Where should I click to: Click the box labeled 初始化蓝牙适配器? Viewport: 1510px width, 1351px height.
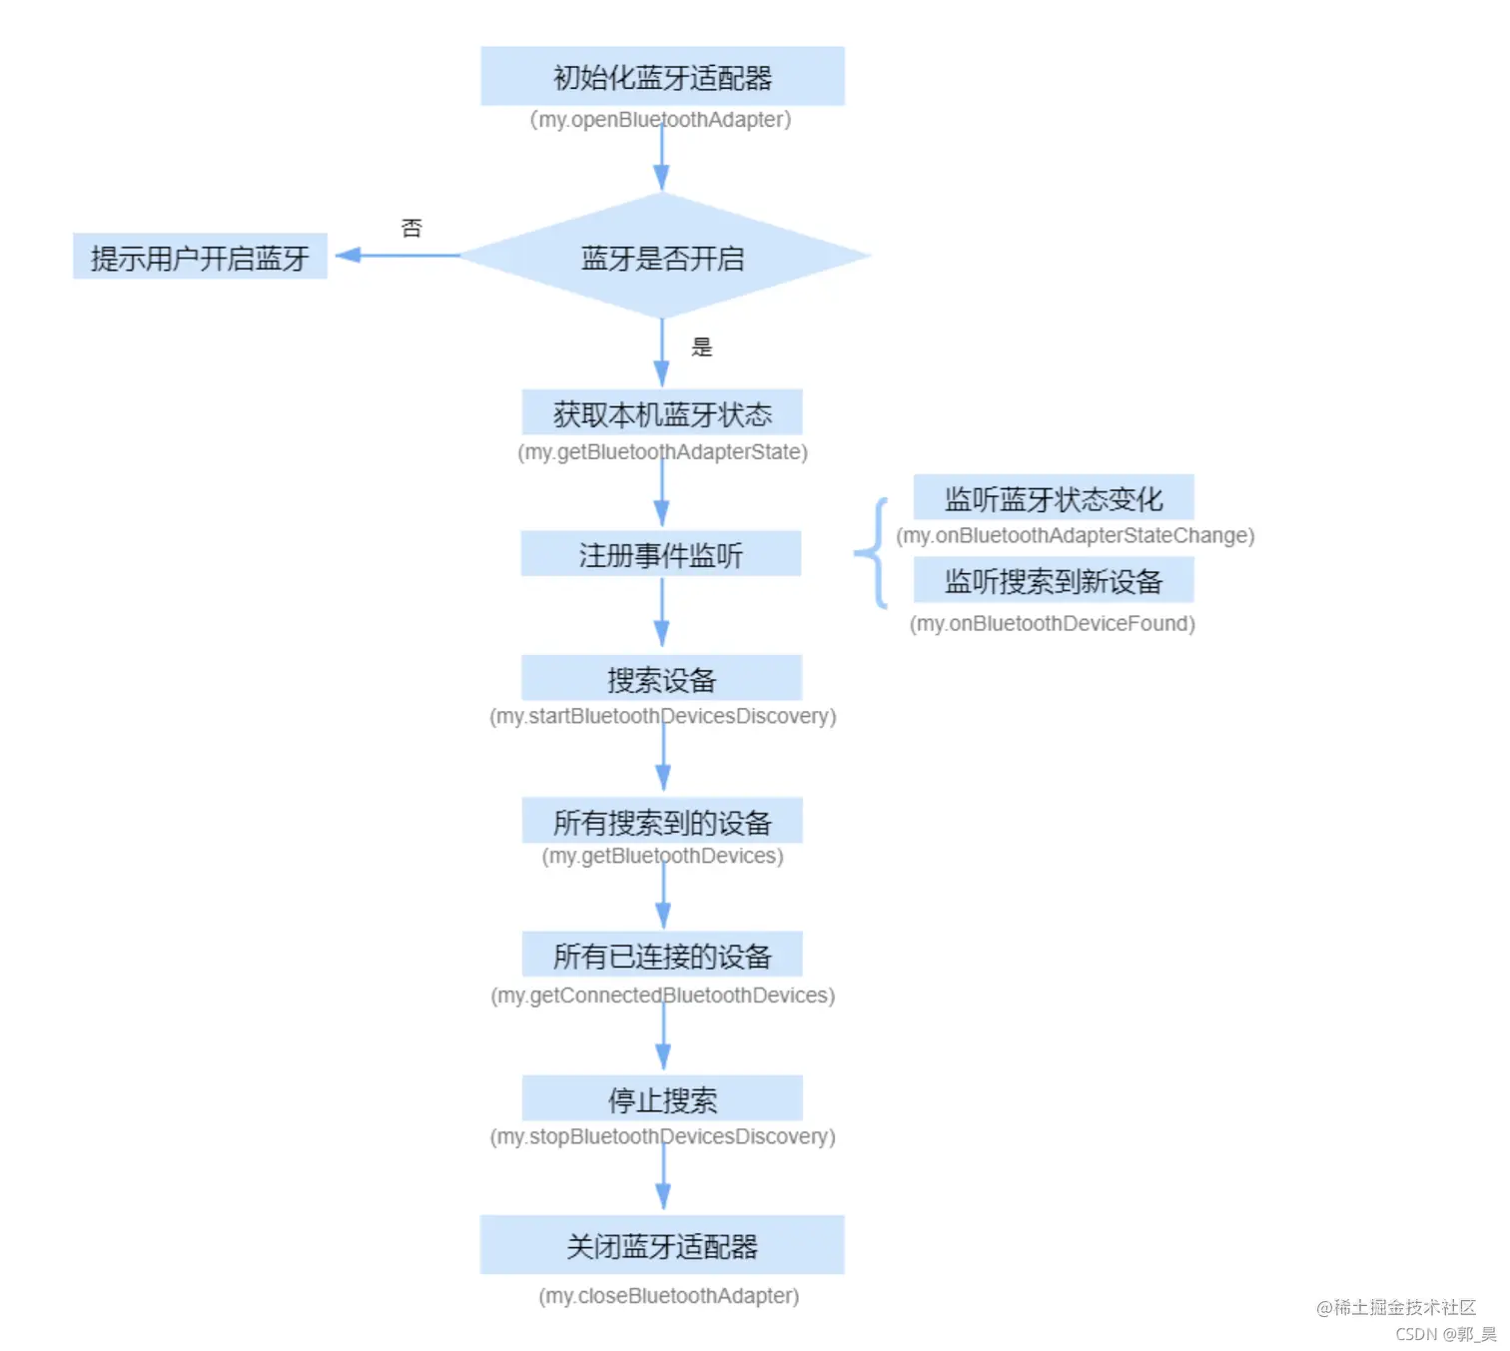(662, 76)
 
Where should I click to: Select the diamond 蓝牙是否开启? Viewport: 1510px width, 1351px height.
(662, 258)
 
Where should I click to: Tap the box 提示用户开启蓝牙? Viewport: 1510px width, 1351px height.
(200, 258)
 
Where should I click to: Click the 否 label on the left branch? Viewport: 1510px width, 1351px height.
(411, 229)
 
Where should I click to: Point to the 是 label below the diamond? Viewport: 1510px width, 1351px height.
(702, 347)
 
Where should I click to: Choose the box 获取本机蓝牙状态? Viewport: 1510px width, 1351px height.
(662, 412)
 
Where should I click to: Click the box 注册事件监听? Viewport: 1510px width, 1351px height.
(661, 553)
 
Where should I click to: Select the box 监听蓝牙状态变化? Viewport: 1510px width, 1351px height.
(1054, 497)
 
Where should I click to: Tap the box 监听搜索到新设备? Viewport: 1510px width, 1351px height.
(1054, 580)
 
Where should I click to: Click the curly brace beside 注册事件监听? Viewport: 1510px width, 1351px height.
(873, 552)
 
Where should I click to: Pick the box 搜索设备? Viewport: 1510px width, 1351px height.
(661, 678)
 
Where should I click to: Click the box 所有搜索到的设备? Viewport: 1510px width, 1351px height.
(662, 821)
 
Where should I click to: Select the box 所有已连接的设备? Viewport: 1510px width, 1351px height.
(662, 955)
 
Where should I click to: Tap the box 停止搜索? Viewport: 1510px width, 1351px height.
(662, 1098)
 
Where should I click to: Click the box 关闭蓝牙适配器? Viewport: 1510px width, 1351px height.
(662, 1245)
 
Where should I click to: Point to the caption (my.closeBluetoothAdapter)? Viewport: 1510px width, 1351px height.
(669, 1296)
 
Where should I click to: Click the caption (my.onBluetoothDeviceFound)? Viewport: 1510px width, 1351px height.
(1053, 624)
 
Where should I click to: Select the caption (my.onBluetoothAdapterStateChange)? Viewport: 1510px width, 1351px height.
(1076, 536)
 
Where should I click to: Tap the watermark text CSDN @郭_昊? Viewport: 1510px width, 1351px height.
(1445, 1334)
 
